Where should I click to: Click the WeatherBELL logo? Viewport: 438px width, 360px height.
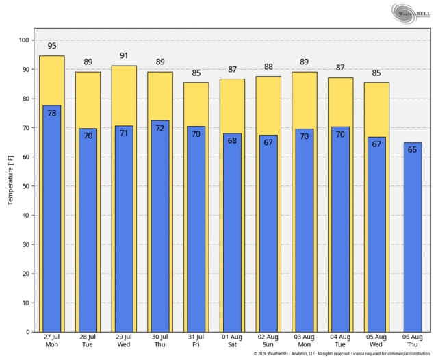[411, 13]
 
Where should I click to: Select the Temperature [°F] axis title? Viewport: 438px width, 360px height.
[11, 180]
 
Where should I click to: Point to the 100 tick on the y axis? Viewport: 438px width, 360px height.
[24, 40]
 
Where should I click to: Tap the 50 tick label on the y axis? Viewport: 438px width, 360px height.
[26, 186]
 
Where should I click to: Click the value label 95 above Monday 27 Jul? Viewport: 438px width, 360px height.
[52, 46]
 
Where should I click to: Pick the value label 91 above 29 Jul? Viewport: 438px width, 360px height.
[124, 55]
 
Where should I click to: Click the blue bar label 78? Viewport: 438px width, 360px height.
[52, 113]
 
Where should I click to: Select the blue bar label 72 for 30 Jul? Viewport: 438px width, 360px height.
[159, 128]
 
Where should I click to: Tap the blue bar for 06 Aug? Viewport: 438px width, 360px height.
[413, 237]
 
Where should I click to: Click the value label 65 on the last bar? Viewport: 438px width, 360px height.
[412, 150]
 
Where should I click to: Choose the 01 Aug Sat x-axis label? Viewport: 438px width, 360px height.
[232, 341]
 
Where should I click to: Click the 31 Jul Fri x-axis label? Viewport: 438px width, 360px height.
[196, 341]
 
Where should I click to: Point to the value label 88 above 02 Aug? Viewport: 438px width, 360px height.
[268, 67]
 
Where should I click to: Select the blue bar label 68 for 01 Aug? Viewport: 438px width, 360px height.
[232, 141]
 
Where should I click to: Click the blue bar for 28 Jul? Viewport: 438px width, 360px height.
[88, 230]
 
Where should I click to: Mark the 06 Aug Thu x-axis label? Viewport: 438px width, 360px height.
[412, 341]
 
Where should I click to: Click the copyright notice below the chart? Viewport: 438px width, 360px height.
[342, 354]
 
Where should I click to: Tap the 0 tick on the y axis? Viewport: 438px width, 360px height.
[28, 332]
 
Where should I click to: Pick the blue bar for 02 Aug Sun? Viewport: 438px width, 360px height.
[268, 234]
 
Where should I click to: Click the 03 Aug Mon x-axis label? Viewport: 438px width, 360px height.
[304, 341]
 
